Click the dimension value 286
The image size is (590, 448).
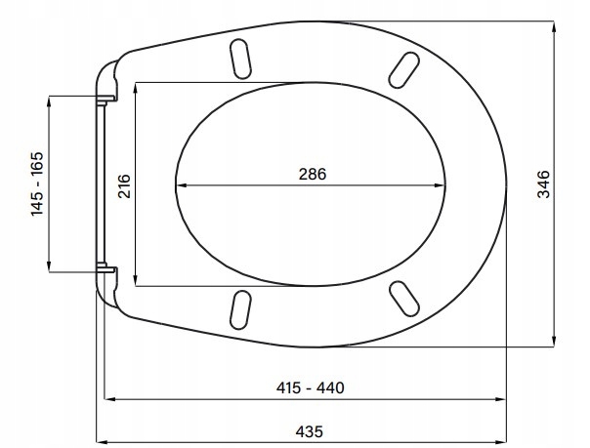click(x=313, y=174)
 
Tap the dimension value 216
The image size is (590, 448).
click(x=124, y=185)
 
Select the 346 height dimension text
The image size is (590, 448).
click(x=544, y=183)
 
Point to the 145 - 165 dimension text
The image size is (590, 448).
click(x=37, y=183)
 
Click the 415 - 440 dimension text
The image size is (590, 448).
click(x=310, y=387)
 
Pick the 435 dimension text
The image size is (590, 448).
click(x=310, y=431)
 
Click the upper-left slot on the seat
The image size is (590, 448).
click(x=240, y=59)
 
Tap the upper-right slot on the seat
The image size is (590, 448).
click(x=403, y=70)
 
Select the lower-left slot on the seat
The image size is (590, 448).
click(x=240, y=309)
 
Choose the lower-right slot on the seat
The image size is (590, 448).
click(x=403, y=299)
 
